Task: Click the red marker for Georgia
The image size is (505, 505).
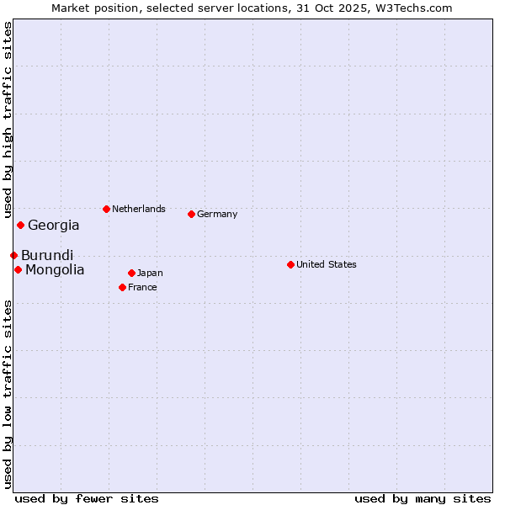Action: tap(20, 225)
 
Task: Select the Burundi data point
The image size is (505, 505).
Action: tap(13, 255)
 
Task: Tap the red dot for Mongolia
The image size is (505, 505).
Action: tap(18, 269)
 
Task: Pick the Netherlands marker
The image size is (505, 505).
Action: tap(106, 209)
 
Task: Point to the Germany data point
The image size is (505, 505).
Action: tap(191, 214)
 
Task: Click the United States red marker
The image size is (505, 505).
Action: tap(290, 264)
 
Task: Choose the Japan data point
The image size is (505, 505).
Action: tap(131, 273)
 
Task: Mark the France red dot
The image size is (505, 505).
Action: tap(122, 287)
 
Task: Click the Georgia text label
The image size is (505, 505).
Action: tap(54, 226)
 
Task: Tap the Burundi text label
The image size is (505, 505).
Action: tap(47, 255)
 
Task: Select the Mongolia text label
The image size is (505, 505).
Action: tap(55, 270)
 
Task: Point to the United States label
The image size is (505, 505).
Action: tap(327, 264)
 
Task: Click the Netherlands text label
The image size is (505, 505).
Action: tap(139, 209)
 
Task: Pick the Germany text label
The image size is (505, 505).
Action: tap(217, 214)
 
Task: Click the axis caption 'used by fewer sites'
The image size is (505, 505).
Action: tap(87, 498)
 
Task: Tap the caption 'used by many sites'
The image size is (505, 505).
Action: tap(423, 498)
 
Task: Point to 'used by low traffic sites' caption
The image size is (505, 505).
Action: tap(8, 394)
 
